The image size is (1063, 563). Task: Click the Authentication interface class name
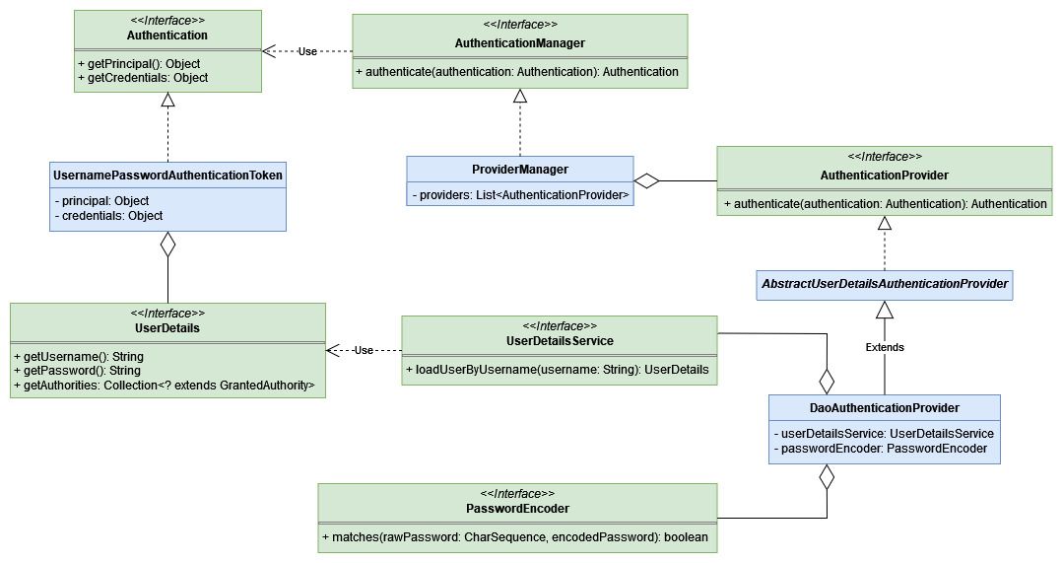(x=167, y=35)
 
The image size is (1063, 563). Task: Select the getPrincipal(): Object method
(x=139, y=64)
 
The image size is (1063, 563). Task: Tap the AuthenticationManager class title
(x=520, y=43)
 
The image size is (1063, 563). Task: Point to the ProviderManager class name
(x=520, y=170)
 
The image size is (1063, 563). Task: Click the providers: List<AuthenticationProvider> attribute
(x=520, y=195)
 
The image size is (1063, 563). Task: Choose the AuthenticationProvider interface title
(x=884, y=176)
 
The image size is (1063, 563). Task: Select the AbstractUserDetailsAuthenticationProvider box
(x=884, y=284)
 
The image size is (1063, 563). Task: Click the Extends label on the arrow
(x=885, y=347)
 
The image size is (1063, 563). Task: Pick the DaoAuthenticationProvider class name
(x=884, y=407)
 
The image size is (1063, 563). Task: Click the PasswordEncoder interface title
(x=517, y=509)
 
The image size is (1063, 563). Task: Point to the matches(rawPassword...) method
(x=517, y=537)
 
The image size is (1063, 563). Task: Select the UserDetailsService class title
(x=559, y=341)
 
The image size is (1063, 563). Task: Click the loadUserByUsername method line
(x=559, y=370)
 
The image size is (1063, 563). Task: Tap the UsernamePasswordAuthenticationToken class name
(x=167, y=176)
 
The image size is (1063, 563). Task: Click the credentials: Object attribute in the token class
(x=109, y=215)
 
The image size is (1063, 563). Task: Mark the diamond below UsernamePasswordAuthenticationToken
(x=167, y=245)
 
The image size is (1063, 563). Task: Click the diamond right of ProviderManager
(x=646, y=180)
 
